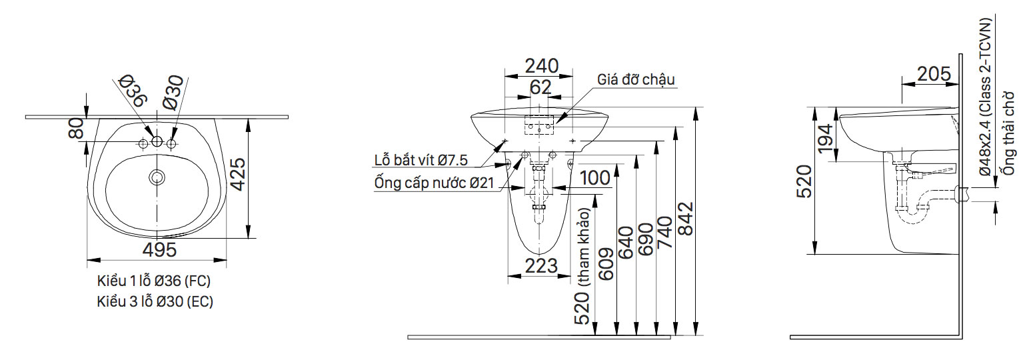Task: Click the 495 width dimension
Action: click(x=159, y=251)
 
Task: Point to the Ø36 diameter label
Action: click(x=133, y=91)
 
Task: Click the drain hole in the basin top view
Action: click(x=157, y=177)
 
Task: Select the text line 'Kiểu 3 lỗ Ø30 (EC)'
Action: click(x=155, y=301)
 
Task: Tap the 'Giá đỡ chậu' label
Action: click(x=636, y=79)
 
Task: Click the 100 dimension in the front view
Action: click(x=594, y=178)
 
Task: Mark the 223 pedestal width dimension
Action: click(x=541, y=265)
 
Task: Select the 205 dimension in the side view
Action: click(x=933, y=74)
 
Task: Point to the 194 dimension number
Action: click(x=824, y=143)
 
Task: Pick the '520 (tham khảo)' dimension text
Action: click(x=583, y=267)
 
